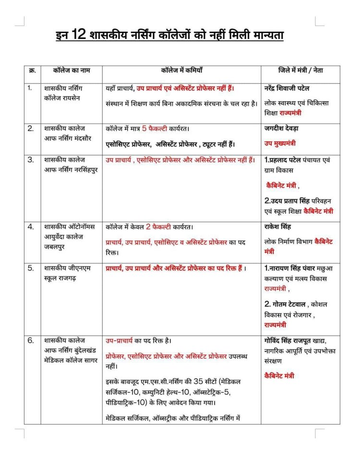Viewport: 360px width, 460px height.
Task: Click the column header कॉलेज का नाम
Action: (x=71, y=71)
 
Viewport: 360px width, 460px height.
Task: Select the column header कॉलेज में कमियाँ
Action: (x=183, y=71)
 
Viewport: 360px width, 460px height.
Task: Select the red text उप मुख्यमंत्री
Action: (x=280, y=143)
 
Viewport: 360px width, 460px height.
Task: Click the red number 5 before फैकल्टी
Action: (x=144, y=129)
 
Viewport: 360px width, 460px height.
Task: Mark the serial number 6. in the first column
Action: (x=30, y=341)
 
